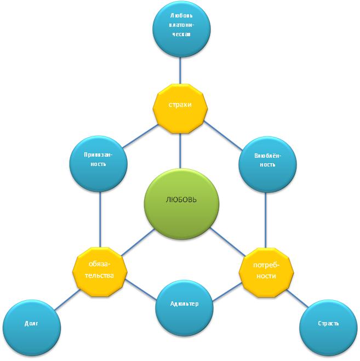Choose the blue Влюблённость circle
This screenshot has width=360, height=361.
coord(267,160)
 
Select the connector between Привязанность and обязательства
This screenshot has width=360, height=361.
coord(100,216)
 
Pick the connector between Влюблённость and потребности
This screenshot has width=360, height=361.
coord(266,217)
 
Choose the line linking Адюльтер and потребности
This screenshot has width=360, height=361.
coord(226,292)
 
